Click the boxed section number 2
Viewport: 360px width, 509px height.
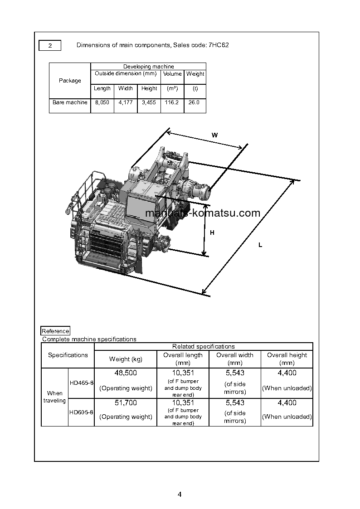[x=50, y=45]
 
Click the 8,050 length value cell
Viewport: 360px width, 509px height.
[x=102, y=102]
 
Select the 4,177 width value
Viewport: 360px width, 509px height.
[x=126, y=102]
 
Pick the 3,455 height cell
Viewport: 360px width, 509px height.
[x=149, y=102]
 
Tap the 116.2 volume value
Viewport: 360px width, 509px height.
[x=172, y=102]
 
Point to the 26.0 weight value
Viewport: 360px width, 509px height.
[x=194, y=102]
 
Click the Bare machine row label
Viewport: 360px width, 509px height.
[x=70, y=102]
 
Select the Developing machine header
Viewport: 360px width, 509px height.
[x=148, y=67]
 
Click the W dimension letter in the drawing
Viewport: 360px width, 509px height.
[x=214, y=135]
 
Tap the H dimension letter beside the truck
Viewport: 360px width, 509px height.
[x=212, y=233]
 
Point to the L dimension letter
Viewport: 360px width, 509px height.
[x=260, y=245]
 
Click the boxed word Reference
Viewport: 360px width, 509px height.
[x=55, y=331]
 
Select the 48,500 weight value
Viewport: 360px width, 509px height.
[x=126, y=373]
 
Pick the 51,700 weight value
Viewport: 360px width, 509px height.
[x=126, y=402]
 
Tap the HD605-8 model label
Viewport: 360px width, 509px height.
[x=81, y=412]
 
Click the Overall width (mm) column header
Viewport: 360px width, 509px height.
[x=234, y=359]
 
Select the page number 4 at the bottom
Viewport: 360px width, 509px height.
[x=180, y=494]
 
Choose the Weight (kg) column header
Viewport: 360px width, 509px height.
[x=126, y=359]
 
